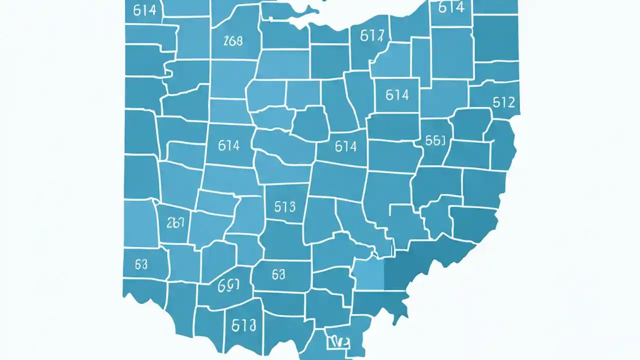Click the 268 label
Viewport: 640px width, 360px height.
233,41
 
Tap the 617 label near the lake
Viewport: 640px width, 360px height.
372,35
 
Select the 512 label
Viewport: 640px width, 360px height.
503,102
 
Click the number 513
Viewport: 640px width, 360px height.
285,206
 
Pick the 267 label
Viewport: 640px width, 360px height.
175,223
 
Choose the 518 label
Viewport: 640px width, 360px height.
244,325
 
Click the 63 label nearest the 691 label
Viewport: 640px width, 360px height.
278,274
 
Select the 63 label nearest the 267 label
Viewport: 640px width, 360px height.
141,264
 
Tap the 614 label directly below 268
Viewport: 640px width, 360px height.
229,145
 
